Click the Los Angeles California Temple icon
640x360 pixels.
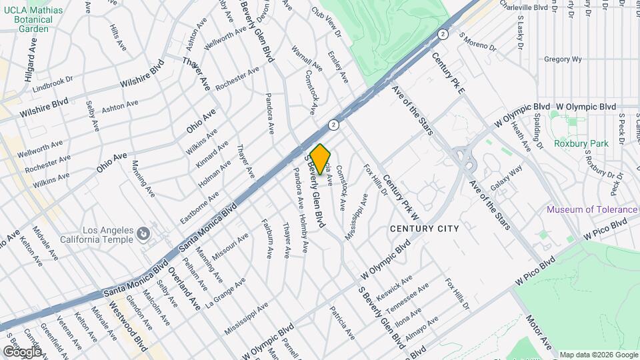pos(143,234)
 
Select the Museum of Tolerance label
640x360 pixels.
pos(591,209)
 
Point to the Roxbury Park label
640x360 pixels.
pos(581,143)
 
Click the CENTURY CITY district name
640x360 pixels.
pos(424,229)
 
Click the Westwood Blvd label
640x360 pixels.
pos(128,327)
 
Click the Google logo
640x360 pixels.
pos(21,351)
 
